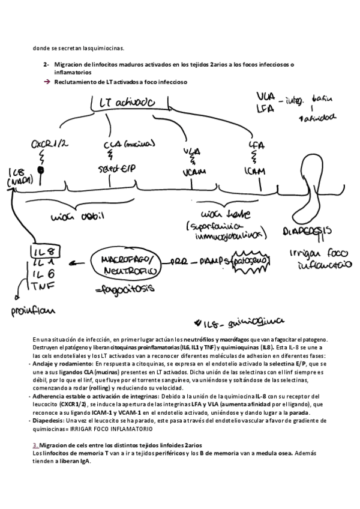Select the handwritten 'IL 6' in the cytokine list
[40, 274]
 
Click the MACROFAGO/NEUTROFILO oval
[124, 265]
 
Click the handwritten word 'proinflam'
[31, 311]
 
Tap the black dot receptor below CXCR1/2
[41, 169]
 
